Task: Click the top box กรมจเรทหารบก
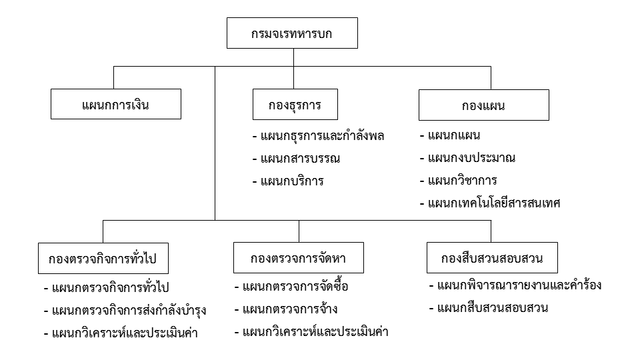click(292, 33)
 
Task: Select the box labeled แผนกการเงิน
click(116, 104)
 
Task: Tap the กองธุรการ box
click(295, 105)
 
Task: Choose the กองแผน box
click(484, 105)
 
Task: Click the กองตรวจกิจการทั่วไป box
click(103, 259)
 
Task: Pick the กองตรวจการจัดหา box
click(299, 257)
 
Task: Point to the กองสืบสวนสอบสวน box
click(492, 257)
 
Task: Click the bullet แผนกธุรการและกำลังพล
click(319, 135)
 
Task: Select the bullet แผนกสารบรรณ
click(296, 159)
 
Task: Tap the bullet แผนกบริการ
click(288, 181)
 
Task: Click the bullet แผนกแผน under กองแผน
click(450, 135)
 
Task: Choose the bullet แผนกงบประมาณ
click(468, 158)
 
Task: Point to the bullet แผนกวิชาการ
click(459, 181)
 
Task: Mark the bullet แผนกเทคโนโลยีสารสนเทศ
click(490, 203)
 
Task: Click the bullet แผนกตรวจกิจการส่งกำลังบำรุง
click(125, 310)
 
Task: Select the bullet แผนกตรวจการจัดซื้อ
click(291, 286)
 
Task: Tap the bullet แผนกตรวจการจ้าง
click(286, 309)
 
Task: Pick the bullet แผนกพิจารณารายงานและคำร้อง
click(515, 285)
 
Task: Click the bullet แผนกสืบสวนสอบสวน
click(489, 307)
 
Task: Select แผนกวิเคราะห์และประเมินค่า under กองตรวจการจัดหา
click(311, 331)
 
